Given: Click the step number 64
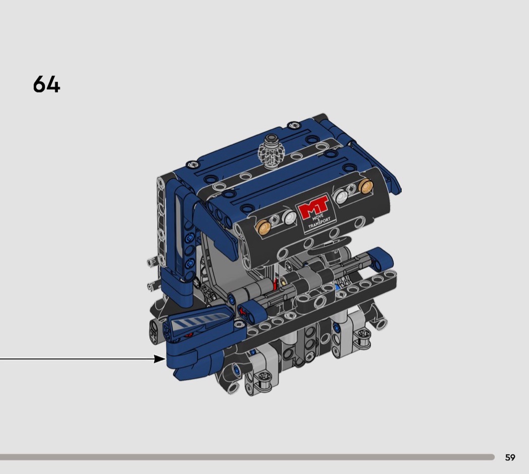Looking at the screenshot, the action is [x=46, y=84].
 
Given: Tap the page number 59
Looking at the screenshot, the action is [x=510, y=457].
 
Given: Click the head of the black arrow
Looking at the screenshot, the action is [x=160, y=359].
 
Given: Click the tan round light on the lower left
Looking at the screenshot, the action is [x=263, y=227].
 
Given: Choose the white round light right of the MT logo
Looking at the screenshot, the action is [x=341, y=195].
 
